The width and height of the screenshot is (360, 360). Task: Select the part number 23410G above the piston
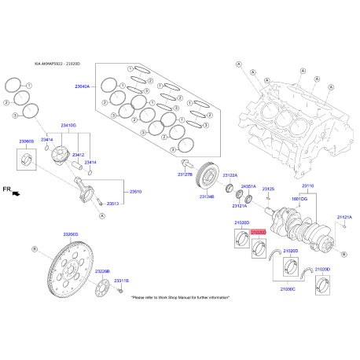(x=68, y=125)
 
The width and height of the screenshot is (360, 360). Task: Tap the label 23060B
(x=27, y=141)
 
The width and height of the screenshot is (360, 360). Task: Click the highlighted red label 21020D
(x=259, y=233)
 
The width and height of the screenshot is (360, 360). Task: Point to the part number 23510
(x=135, y=191)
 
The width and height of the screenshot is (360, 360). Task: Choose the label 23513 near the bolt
(x=112, y=203)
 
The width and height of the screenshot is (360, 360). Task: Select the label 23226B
(x=103, y=272)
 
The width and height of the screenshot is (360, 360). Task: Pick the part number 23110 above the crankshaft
(x=307, y=186)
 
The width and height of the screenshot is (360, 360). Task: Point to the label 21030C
(x=288, y=289)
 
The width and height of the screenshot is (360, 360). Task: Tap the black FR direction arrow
(x=16, y=192)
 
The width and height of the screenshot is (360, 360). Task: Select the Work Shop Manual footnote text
(x=180, y=298)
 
